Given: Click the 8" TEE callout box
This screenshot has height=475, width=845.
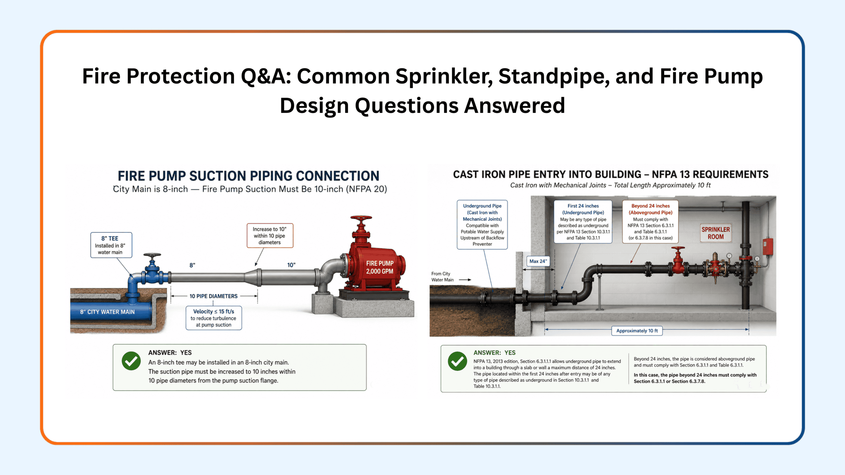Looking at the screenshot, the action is pyautogui.click(x=111, y=245).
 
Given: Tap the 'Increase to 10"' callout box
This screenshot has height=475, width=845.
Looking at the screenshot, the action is pyautogui.click(x=270, y=236).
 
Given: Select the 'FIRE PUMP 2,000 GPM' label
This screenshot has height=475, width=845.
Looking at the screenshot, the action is pyautogui.click(x=380, y=267).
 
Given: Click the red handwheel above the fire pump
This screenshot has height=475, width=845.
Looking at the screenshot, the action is pyautogui.click(x=361, y=218).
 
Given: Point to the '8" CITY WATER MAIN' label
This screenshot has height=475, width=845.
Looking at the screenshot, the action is pyautogui.click(x=107, y=312).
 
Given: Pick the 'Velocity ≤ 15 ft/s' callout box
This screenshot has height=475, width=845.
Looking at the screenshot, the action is pyautogui.click(x=214, y=318).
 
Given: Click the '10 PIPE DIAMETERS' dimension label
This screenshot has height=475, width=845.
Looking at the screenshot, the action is pyautogui.click(x=213, y=296).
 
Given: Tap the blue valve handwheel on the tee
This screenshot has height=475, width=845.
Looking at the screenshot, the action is pyautogui.click(x=152, y=256).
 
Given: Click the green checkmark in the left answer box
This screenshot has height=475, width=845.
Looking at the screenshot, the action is pyautogui.click(x=131, y=361).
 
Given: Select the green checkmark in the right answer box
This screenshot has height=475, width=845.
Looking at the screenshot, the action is pyautogui.click(x=457, y=361).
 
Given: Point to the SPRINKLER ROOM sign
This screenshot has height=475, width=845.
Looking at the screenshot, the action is pyautogui.click(x=716, y=233).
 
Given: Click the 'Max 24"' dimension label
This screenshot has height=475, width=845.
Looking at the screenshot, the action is pyautogui.click(x=538, y=261).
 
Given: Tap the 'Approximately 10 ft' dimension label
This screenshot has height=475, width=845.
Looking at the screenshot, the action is pyautogui.click(x=637, y=331).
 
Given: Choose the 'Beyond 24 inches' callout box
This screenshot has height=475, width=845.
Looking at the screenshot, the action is pyautogui.click(x=650, y=222).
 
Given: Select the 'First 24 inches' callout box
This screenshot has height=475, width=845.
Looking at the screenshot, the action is pyautogui.click(x=583, y=222).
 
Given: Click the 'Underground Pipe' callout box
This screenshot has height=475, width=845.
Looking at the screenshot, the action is pyautogui.click(x=482, y=225).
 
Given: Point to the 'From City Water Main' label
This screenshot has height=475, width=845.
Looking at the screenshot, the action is pyautogui.click(x=442, y=277).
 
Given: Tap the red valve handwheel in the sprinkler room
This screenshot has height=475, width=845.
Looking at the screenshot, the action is pyautogui.click(x=678, y=248).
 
